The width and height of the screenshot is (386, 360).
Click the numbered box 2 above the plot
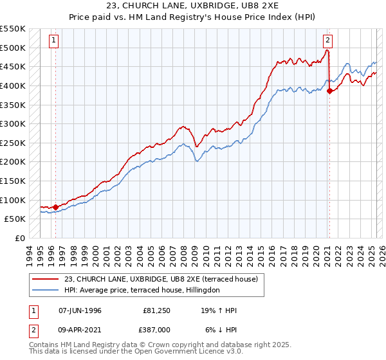click(x=327, y=40)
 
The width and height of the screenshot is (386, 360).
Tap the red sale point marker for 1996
click(x=55, y=207)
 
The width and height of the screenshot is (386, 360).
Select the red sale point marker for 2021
click(x=329, y=91)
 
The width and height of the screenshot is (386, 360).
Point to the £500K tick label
click(x=13, y=48)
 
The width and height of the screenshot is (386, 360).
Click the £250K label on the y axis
click(x=13, y=143)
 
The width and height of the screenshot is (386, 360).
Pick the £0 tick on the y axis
click(x=20, y=238)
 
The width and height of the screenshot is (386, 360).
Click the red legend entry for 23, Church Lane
click(x=161, y=279)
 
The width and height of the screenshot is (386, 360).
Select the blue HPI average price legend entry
click(x=142, y=291)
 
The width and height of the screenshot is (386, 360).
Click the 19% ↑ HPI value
click(x=219, y=310)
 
